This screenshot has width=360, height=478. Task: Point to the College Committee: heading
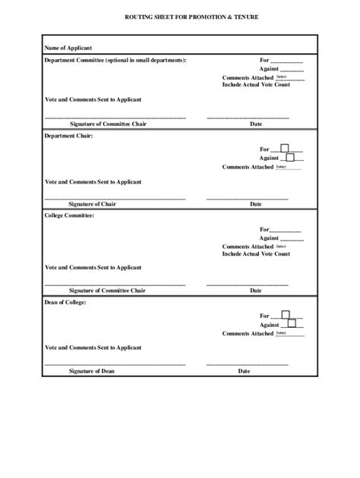69,215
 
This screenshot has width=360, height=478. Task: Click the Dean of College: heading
65,303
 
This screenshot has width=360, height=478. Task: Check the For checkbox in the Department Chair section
285,148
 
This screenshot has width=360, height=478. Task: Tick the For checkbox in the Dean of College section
286,314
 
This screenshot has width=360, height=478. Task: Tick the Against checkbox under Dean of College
292,323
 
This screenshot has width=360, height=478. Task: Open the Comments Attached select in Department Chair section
289,166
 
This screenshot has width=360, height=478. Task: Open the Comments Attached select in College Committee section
289,247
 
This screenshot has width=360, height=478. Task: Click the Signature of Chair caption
92,204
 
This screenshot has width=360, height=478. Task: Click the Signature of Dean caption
92,371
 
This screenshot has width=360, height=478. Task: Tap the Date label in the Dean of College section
245,371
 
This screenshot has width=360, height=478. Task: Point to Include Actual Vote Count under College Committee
256,254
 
